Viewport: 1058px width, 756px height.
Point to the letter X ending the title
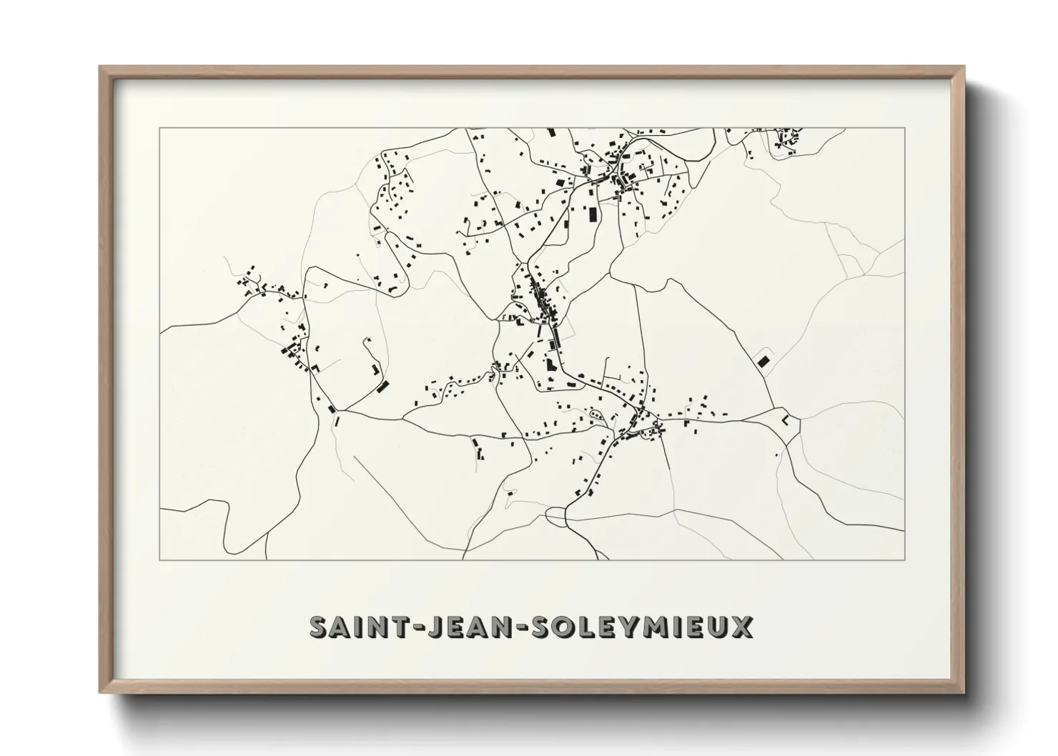(741, 627)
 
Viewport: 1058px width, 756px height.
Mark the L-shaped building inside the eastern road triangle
(786, 420)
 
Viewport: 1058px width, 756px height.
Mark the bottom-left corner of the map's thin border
(160, 559)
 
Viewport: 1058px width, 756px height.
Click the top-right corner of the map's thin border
(904, 128)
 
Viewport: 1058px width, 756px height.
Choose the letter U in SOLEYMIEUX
(718, 627)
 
